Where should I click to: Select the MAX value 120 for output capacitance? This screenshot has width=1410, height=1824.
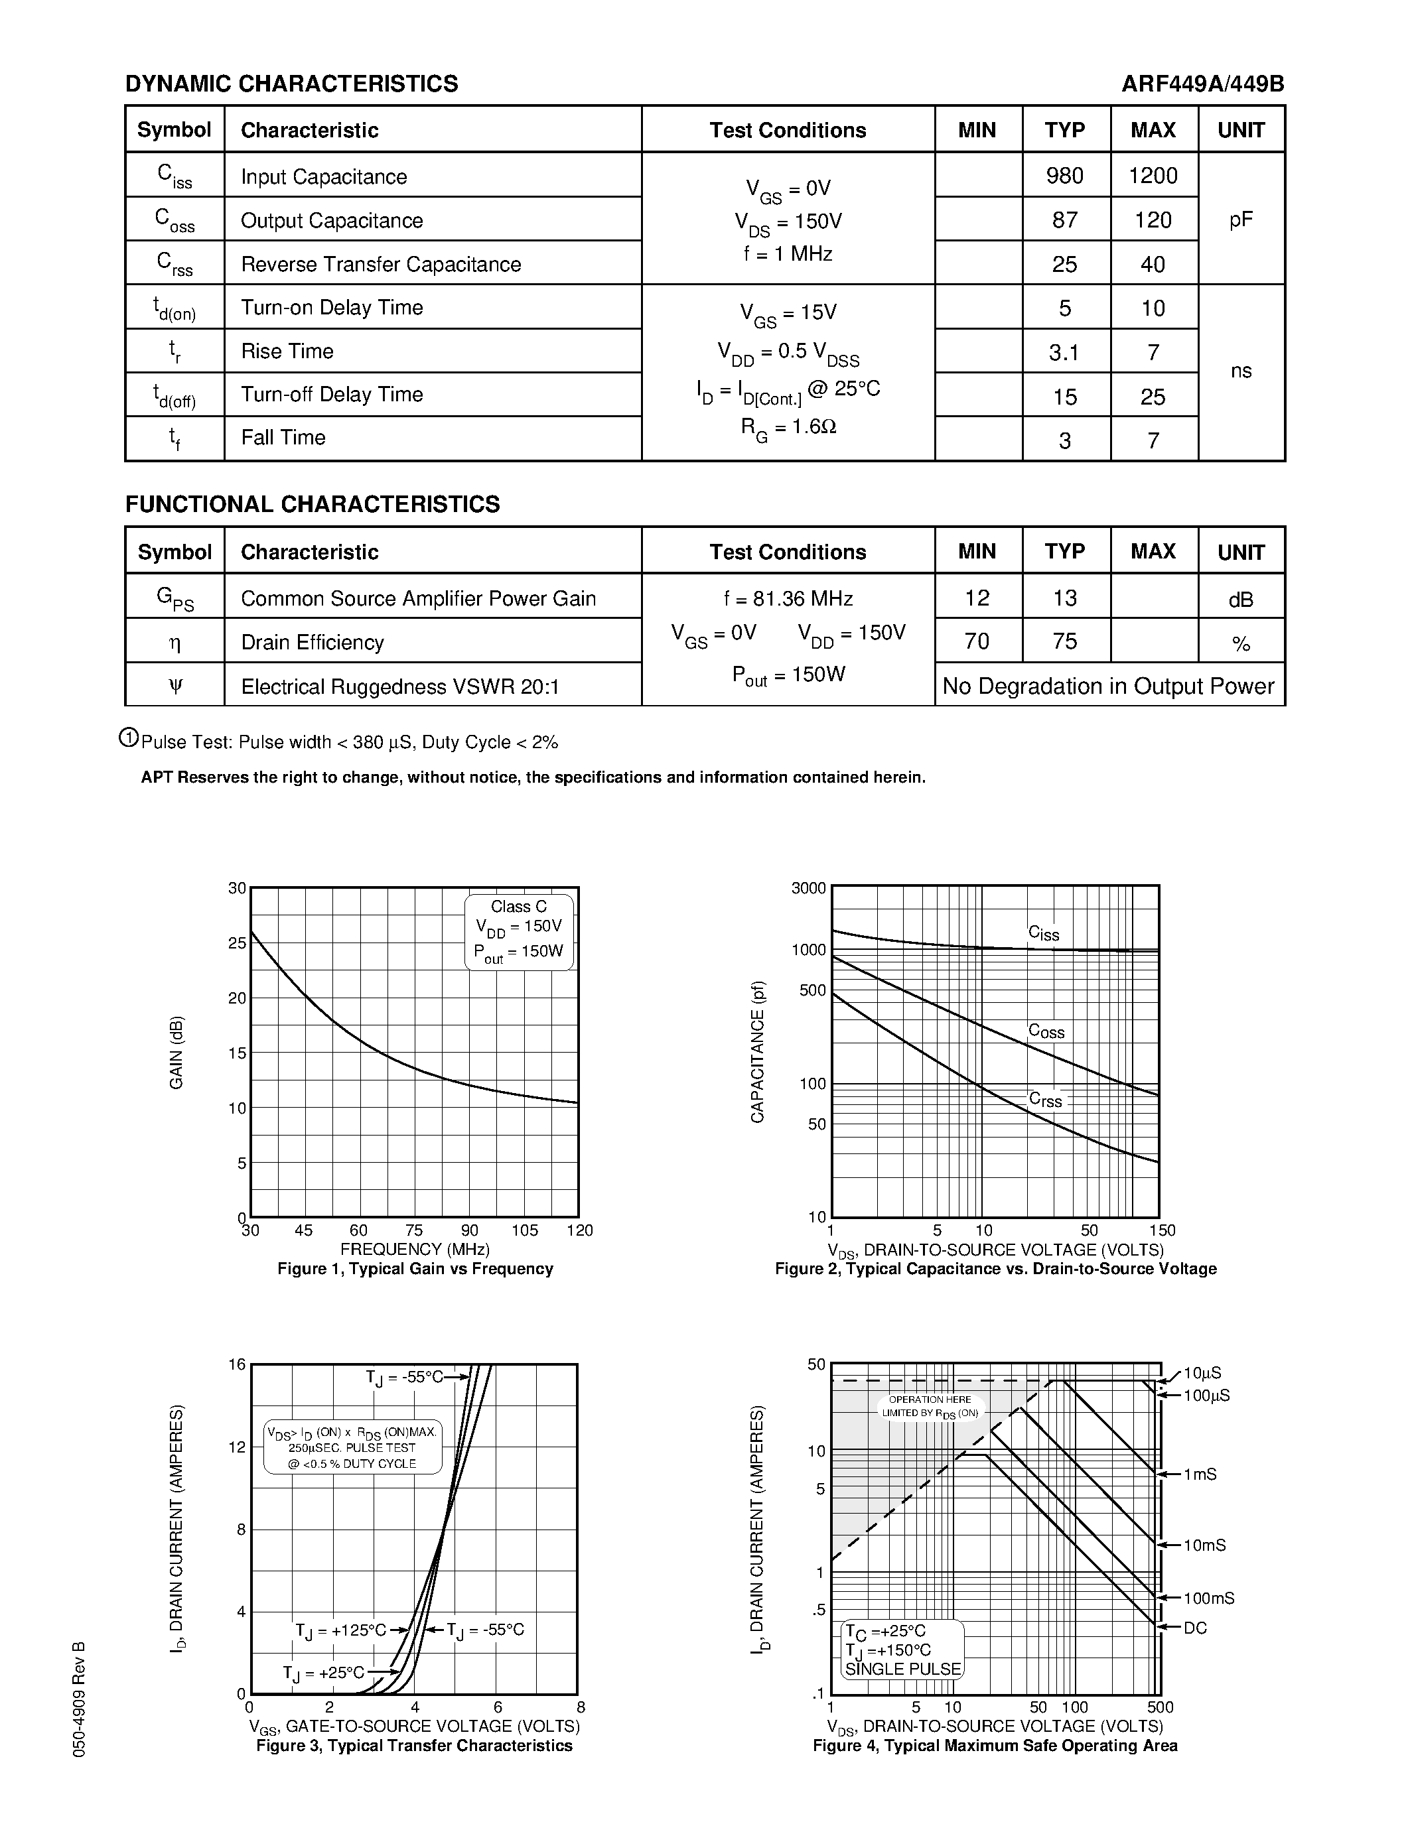point(1153,220)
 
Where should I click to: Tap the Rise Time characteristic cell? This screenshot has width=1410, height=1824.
point(287,351)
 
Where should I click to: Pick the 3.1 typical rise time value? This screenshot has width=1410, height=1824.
point(1064,352)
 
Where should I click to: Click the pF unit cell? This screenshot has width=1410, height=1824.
point(1240,220)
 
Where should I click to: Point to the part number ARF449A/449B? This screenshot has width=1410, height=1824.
point(1202,84)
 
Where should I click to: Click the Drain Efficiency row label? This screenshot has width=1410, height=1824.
point(313,642)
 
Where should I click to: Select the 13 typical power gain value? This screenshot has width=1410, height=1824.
point(1064,598)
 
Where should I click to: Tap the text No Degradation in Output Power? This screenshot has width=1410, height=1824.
point(1109,686)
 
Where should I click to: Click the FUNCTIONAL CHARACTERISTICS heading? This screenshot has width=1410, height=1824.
point(313,505)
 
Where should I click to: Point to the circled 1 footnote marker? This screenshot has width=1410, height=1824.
point(129,738)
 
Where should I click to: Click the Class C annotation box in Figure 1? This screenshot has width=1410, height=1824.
point(519,931)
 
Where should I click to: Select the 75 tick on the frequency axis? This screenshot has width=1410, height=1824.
point(414,1230)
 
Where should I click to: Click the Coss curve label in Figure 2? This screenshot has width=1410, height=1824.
point(1046,1031)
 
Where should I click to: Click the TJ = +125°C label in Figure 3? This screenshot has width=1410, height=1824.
point(341,1630)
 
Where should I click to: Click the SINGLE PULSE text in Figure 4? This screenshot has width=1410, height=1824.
point(903,1669)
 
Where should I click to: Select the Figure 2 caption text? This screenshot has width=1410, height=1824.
point(995,1269)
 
